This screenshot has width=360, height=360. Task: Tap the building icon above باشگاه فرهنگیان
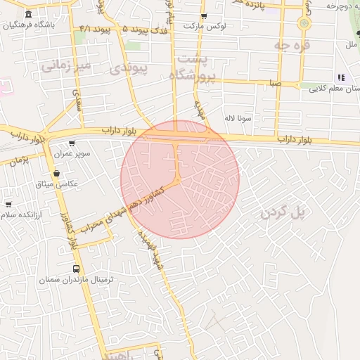[28, 15]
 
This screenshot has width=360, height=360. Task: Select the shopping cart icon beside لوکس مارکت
[204, 15]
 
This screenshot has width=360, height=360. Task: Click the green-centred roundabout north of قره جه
[304, 22]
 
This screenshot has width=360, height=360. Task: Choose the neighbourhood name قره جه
[292, 46]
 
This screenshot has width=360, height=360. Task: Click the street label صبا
[275, 83]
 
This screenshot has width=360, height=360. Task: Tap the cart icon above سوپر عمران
[72, 143]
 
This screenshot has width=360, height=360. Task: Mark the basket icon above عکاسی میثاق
[56, 173]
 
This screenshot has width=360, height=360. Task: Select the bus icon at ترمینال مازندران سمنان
[77, 269]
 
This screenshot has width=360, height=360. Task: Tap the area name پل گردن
[284, 212]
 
